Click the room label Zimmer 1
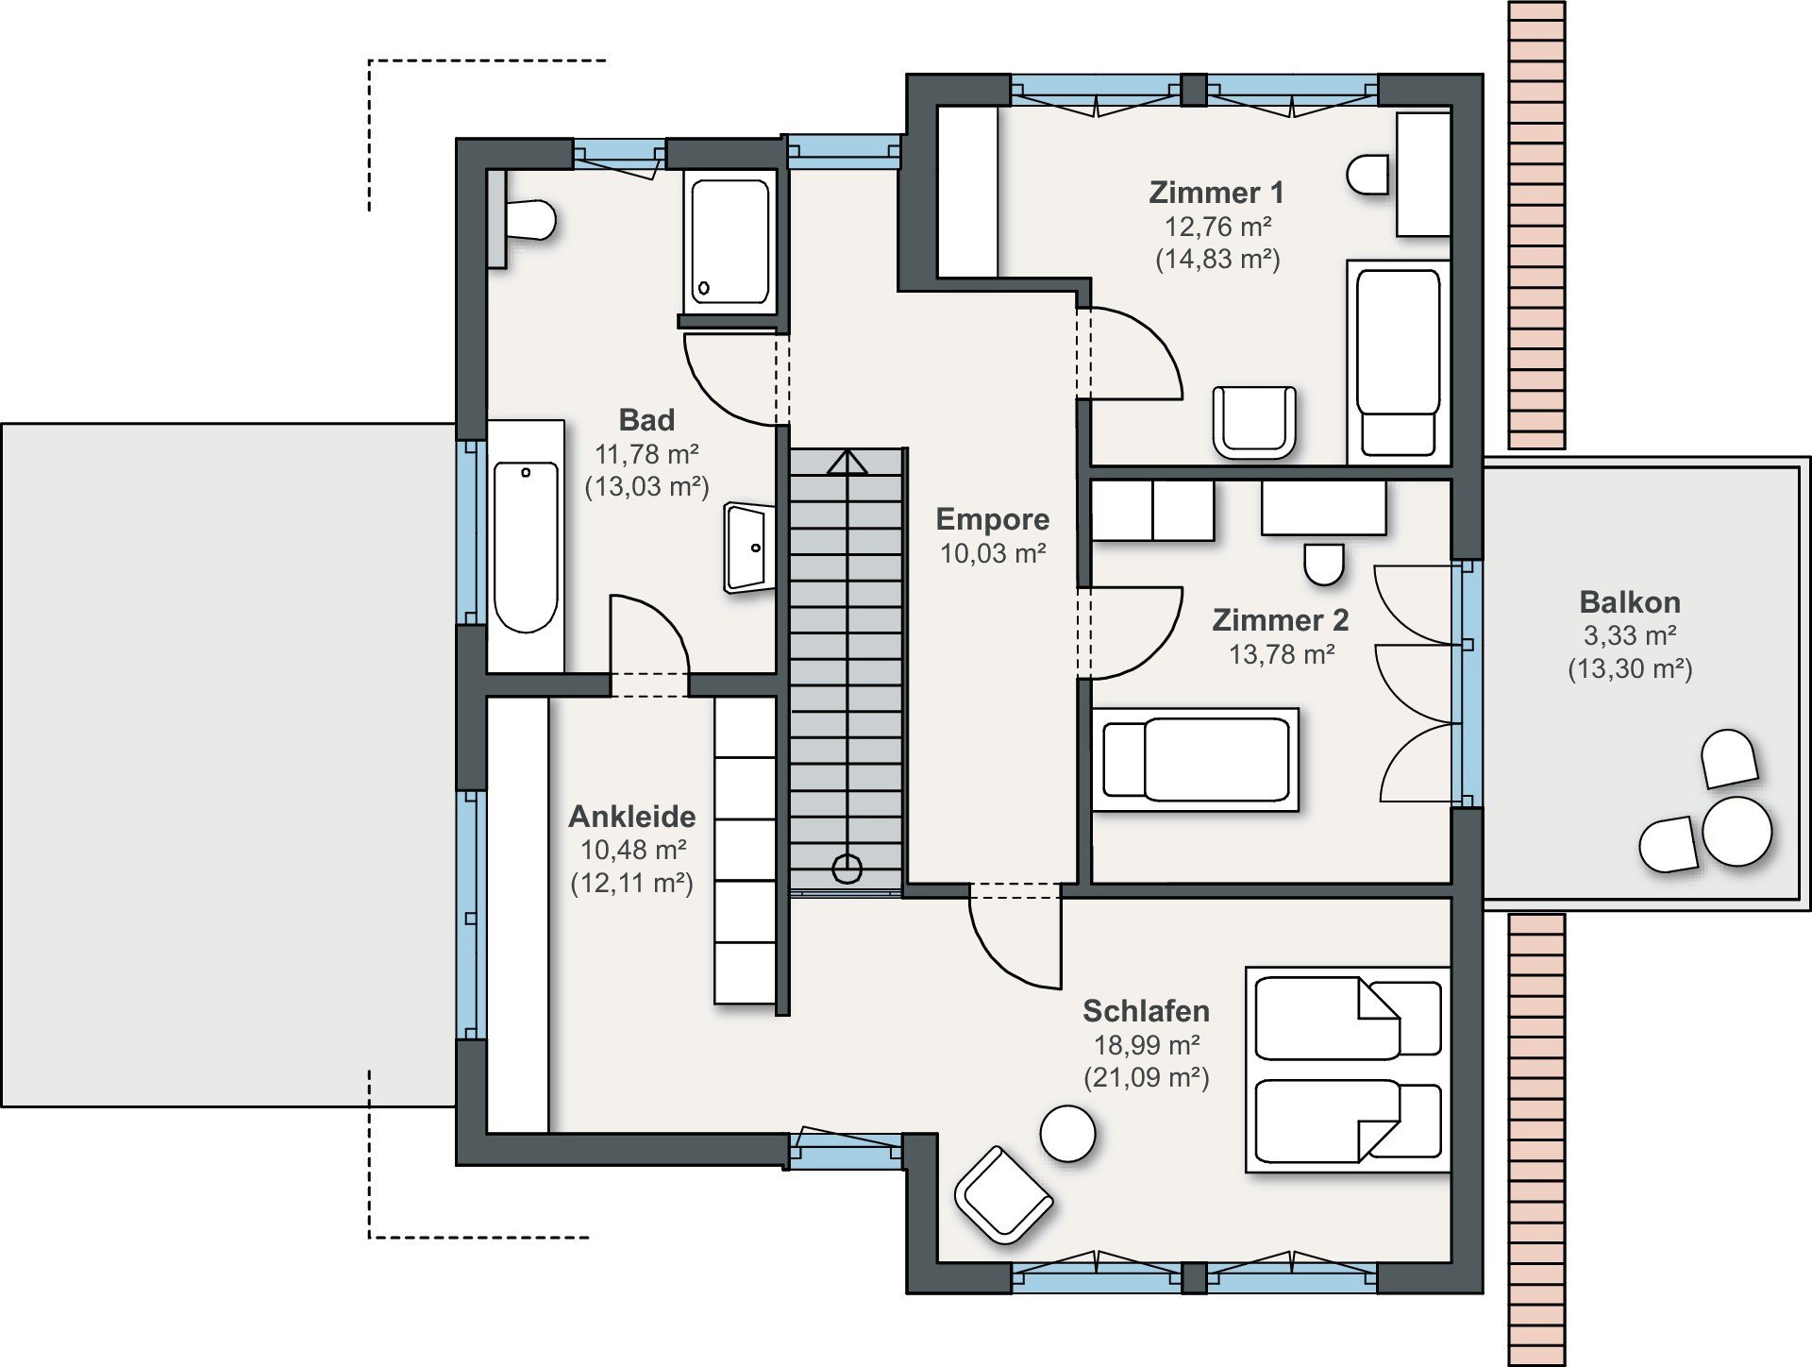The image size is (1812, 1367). (1216, 193)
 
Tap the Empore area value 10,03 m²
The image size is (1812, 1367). (993, 553)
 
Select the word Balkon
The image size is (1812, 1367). (1630, 602)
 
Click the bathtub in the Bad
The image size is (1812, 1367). (526, 546)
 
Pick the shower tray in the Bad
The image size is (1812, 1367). (730, 242)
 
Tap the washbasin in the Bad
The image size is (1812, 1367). (749, 548)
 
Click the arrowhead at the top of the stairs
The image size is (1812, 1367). (847, 462)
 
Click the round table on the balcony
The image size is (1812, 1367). (1737, 831)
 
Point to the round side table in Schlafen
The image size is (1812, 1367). (1067, 1133)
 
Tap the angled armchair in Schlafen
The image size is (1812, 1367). (1003, 1194)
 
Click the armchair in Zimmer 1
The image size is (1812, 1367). (1254, 421)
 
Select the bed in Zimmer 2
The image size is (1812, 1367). (1195, 760)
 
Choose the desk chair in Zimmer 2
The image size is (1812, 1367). (1324, 564)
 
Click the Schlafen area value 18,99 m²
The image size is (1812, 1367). (1147, 1045)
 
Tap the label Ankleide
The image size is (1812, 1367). (632, 817)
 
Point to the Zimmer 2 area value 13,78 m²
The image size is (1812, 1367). (1282, 654)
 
